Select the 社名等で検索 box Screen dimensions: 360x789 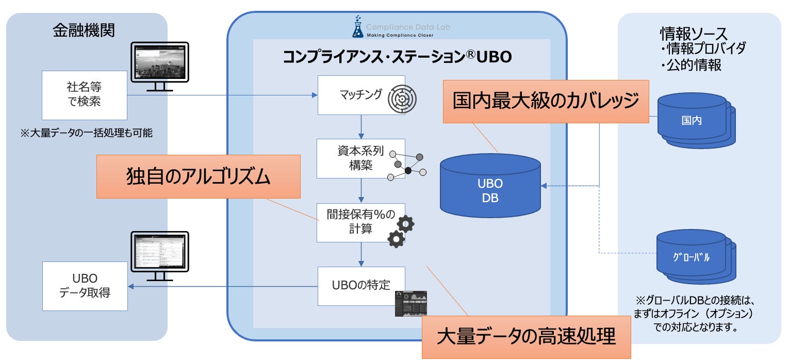click(85, 95)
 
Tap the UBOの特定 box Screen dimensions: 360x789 click(360, 285)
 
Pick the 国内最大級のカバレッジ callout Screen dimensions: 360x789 click(546, 101)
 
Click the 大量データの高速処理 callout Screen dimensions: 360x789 click(526, 337)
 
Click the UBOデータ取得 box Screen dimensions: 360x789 click(85, 286)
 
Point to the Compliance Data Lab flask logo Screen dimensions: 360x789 click(357, 27)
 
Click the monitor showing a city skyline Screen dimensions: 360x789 click(159, 63)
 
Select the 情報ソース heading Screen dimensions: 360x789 click(694, 34)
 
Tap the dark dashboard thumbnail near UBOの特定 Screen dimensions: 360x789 click(411, 304)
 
